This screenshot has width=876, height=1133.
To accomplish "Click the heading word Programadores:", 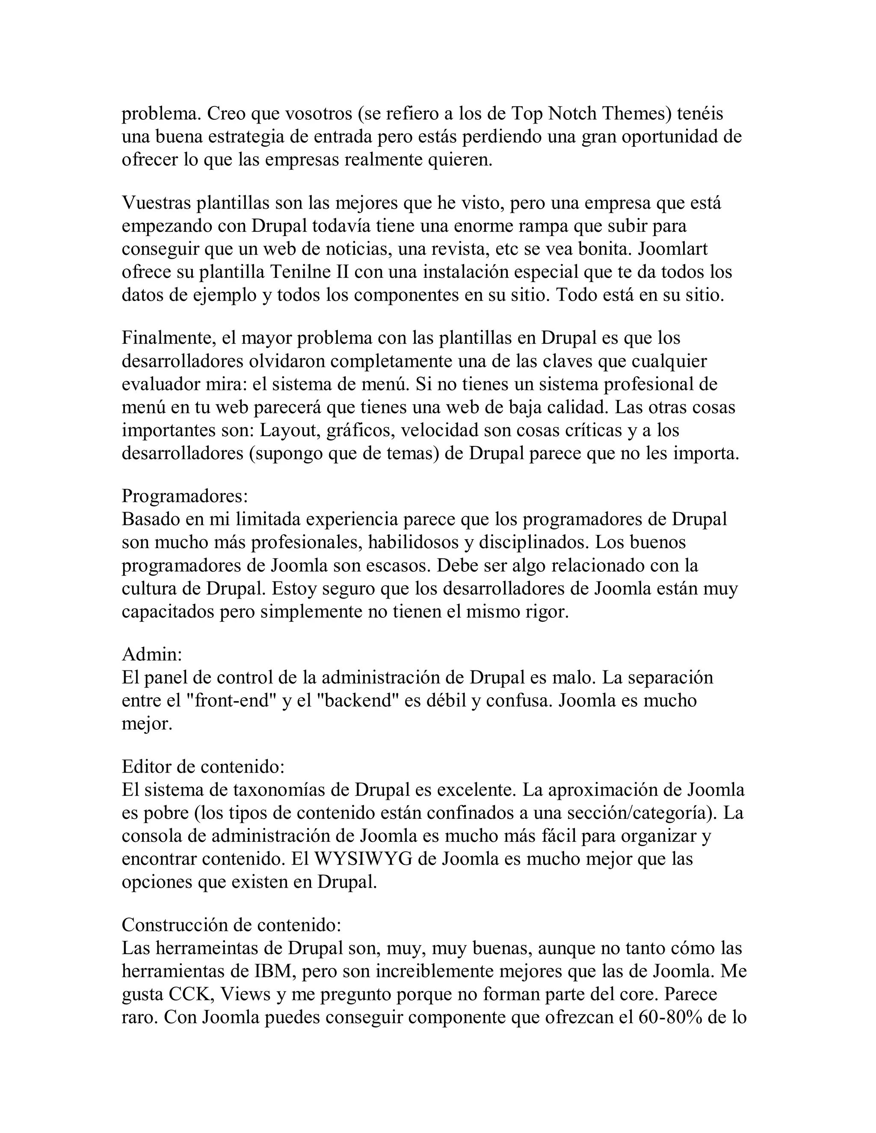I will (185, 496).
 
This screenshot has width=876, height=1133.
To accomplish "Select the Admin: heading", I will (152, 654).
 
